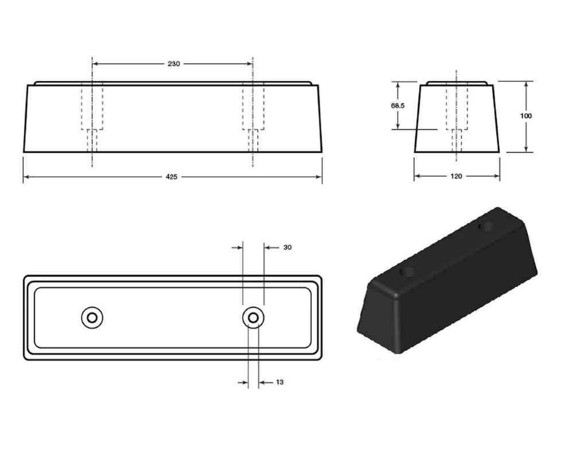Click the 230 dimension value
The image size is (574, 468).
pos(173,64)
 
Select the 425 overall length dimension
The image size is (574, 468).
pos(171,177)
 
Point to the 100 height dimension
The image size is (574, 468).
pos(526,116)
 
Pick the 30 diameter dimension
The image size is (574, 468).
pos(288,247)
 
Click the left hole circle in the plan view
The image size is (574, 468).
pos(92,317)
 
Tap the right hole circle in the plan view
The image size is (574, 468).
pos(253,317)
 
